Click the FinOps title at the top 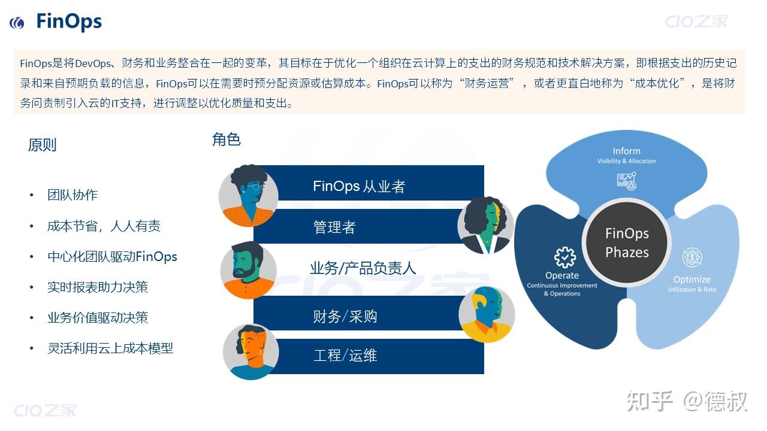click(x=69, y=22)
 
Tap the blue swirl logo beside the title click(x=17, y=23)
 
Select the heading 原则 click(x=42, y=145)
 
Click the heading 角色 click(x=227, y=140)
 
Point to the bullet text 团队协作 click(x=73, y=195)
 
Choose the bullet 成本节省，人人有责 click(x=104, y=226)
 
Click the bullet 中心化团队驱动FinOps click(x=112, y=257)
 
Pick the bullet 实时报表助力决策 click(x=98, y=287)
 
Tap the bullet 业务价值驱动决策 click(x=98, y=318)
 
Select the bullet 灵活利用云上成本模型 click(x=110, y=348)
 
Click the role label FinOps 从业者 click(x=359, y=186)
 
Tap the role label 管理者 click(x=334, y=227)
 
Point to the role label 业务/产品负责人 click(x=363, y=268)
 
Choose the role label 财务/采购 click(x=345, y=316)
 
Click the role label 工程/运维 click(x=345, y=356)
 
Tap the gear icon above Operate click(x=564, y=257)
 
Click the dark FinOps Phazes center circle click(x=627, y=242)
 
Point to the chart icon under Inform click(x=626, y=180)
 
